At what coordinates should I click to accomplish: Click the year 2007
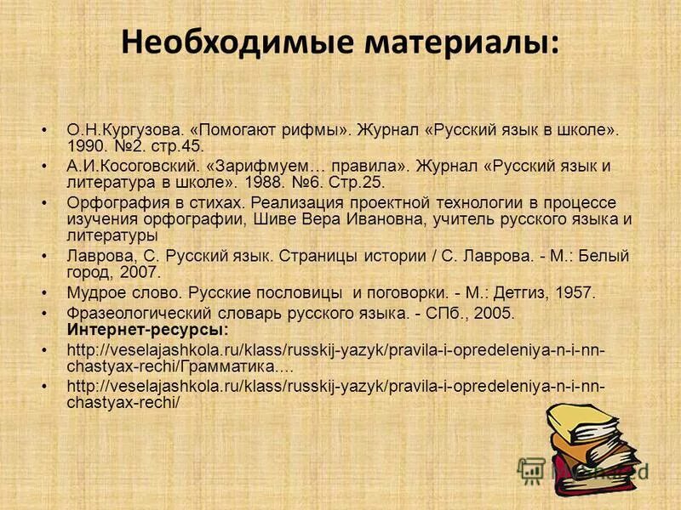click(x=139, y=273)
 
